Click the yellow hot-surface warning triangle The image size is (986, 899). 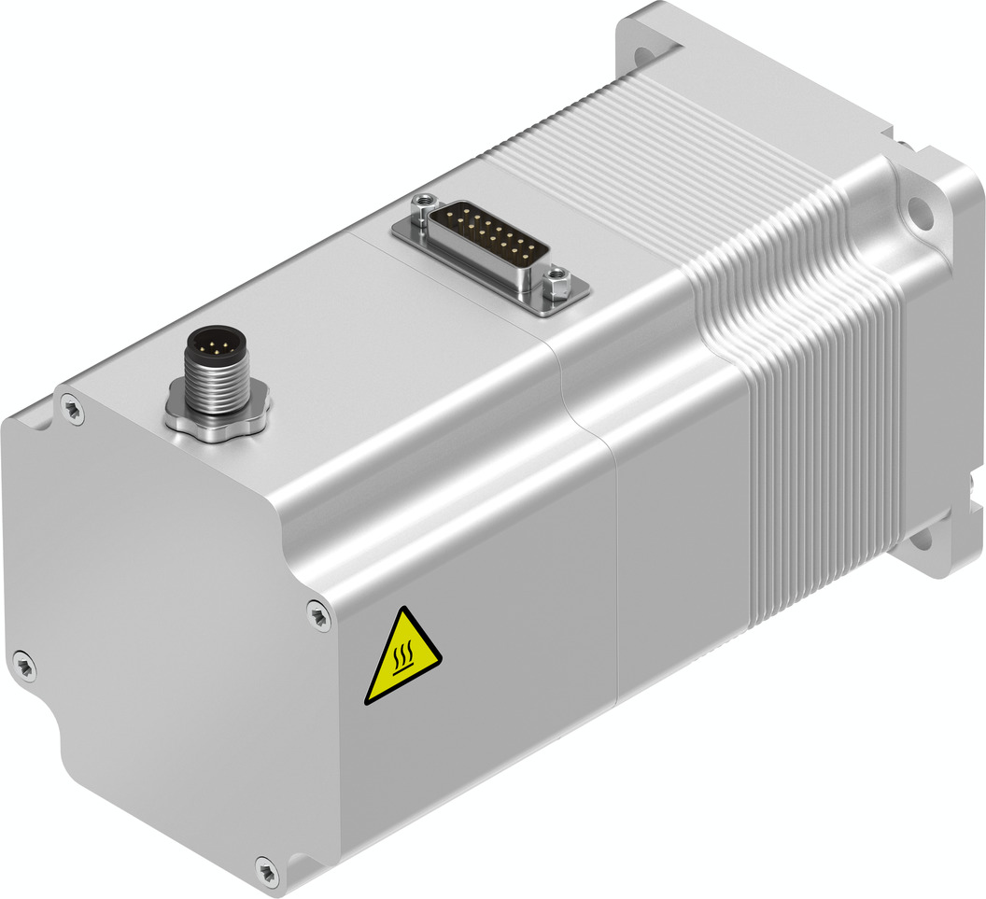coord(401,659)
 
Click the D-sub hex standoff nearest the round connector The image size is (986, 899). coord(425,201)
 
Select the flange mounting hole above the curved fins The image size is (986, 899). coord(919,211)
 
